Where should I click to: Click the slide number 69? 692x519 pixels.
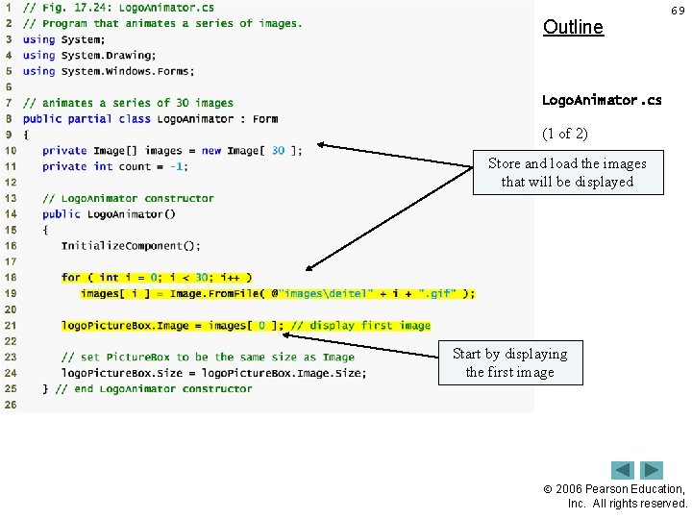pos(678,11)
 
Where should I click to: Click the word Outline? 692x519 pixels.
pos(573,27)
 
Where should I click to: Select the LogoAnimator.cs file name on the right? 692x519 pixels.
pos(601,100)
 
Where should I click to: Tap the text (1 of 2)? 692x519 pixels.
pos(565,133)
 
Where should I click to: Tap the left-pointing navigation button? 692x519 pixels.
pos(623,471)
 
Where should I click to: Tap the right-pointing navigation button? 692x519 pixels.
pos(653,471)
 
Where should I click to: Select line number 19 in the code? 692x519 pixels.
pos(10,293)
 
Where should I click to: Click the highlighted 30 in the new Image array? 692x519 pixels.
pos(278,151)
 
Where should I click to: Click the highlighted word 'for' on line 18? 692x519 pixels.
pos(70,278)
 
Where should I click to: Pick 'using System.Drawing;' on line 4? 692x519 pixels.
pos(89,56)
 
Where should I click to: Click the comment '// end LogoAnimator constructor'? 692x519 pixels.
pos(154,388)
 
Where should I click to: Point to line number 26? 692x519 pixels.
pos(10,405)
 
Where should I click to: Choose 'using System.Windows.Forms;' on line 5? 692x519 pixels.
pos(109,71)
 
